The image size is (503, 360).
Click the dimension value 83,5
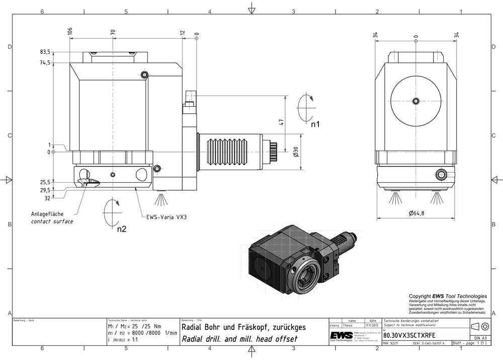(45, 52)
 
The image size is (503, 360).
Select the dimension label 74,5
(45, 63)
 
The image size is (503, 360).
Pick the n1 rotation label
(315, 123)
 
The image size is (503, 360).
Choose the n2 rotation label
(121, 230)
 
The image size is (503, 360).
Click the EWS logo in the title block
(341, 335)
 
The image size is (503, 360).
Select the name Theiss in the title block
(347, 325)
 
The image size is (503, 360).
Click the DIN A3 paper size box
(480, 338)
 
